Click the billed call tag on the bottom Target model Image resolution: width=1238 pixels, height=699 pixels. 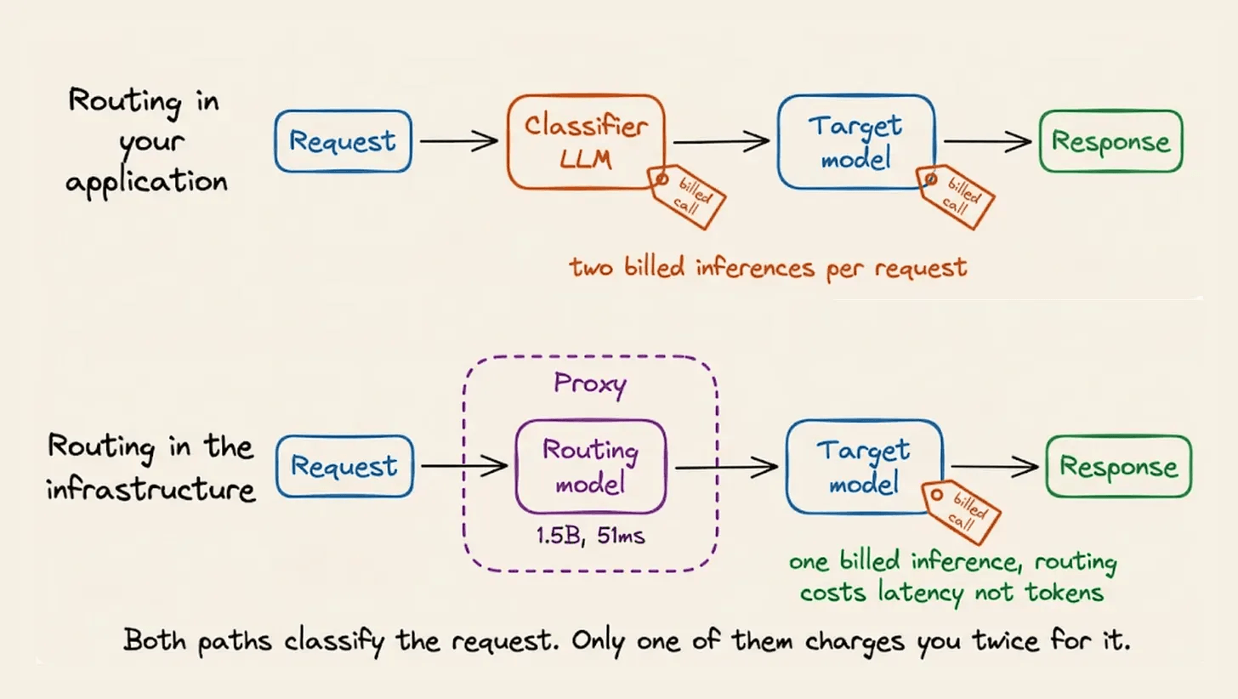(x=962, y=512)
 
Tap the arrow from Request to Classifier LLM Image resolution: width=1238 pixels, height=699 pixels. (x=459, y=141)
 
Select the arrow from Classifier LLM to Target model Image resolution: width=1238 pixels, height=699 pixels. (x=721, y=141)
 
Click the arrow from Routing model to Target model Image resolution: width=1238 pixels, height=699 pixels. (x=727, y=468)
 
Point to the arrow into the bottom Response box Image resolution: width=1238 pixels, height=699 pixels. (x=995, y=467)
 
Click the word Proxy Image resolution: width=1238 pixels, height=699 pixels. (x=590, y=384)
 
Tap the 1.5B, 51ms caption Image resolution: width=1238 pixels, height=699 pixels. (x=590, y=536)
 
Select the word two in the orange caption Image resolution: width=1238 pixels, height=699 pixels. (x=592, y=269)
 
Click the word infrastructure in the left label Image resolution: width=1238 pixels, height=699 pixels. (x=150, y=489)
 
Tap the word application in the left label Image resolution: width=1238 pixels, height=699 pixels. (x=146, y=182)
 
